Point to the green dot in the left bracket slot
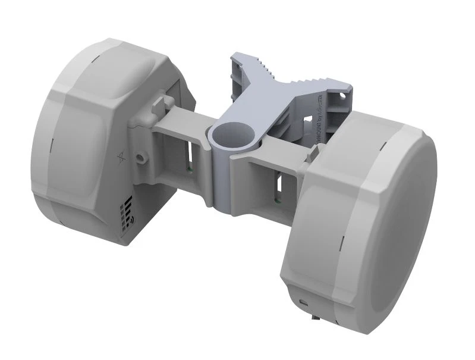point(188,168)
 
